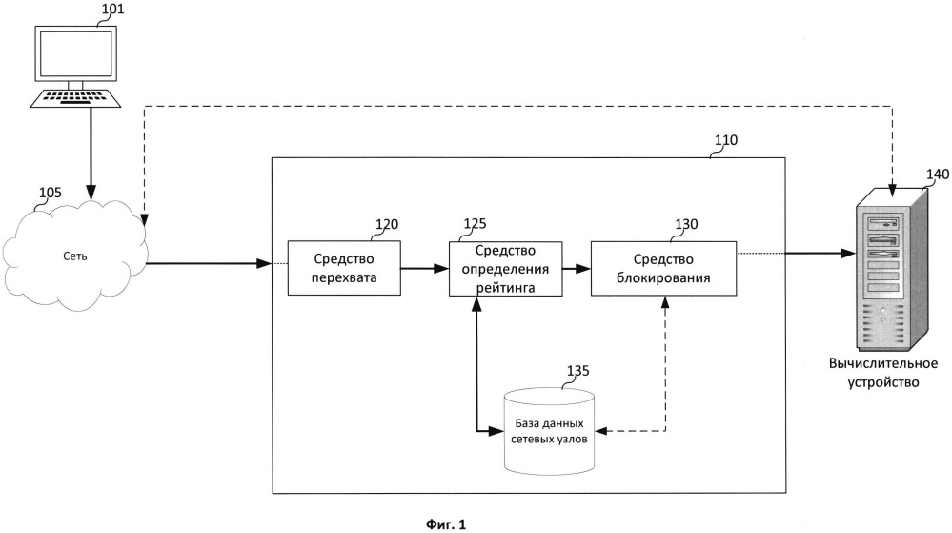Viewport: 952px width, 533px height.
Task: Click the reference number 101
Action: click(112, 9)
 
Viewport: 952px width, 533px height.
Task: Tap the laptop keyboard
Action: click(76, 98)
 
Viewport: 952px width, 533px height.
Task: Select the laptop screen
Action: click(75, 53)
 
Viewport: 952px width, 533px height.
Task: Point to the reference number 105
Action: click(51, 193)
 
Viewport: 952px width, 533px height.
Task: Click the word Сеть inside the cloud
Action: click(75, 256)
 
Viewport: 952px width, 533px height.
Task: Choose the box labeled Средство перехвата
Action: click(344, 268)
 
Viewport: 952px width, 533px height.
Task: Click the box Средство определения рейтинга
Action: click(505, 269)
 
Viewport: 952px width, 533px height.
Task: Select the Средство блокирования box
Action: click(663, 269)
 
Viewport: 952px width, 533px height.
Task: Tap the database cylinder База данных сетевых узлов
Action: click(550, 431)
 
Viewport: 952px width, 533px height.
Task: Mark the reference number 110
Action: click(725, 140)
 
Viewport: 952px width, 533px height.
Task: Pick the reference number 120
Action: click(387, 224)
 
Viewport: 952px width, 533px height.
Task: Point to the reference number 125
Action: click(475, 224)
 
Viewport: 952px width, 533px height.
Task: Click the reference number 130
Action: click(687, 224)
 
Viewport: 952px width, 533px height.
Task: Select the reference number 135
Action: click(578, 371)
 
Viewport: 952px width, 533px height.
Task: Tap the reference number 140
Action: click(938, 174)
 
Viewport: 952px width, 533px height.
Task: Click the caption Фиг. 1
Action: click(446, 523)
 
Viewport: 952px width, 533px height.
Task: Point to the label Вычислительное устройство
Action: click(883, 373)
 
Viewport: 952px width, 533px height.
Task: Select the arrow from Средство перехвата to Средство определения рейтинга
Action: click(425, 268)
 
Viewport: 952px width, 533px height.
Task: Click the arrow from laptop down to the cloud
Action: click(91, 154)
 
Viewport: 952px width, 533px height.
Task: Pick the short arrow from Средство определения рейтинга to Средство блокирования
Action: click(577, 268)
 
